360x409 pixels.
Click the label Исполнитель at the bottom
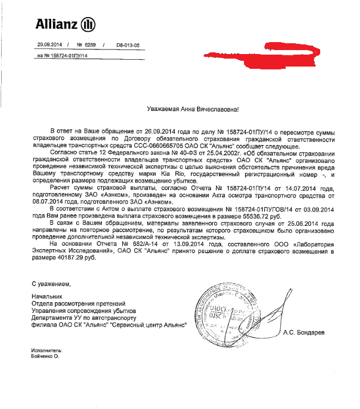click(46, 351)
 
